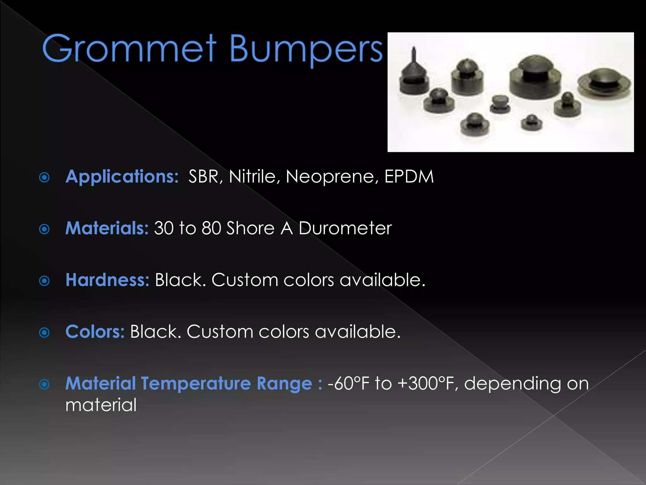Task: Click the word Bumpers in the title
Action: (305, 50)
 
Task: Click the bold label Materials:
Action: (107, 228)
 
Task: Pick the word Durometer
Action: (345, 228)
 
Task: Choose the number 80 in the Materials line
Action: (211, 228)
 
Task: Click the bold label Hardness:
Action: (107, 280)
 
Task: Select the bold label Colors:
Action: (95, 332)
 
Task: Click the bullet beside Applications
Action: (44, 177)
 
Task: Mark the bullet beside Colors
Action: (44, 332)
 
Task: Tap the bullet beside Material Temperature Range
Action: (44, 384)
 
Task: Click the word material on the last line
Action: (101, 405)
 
